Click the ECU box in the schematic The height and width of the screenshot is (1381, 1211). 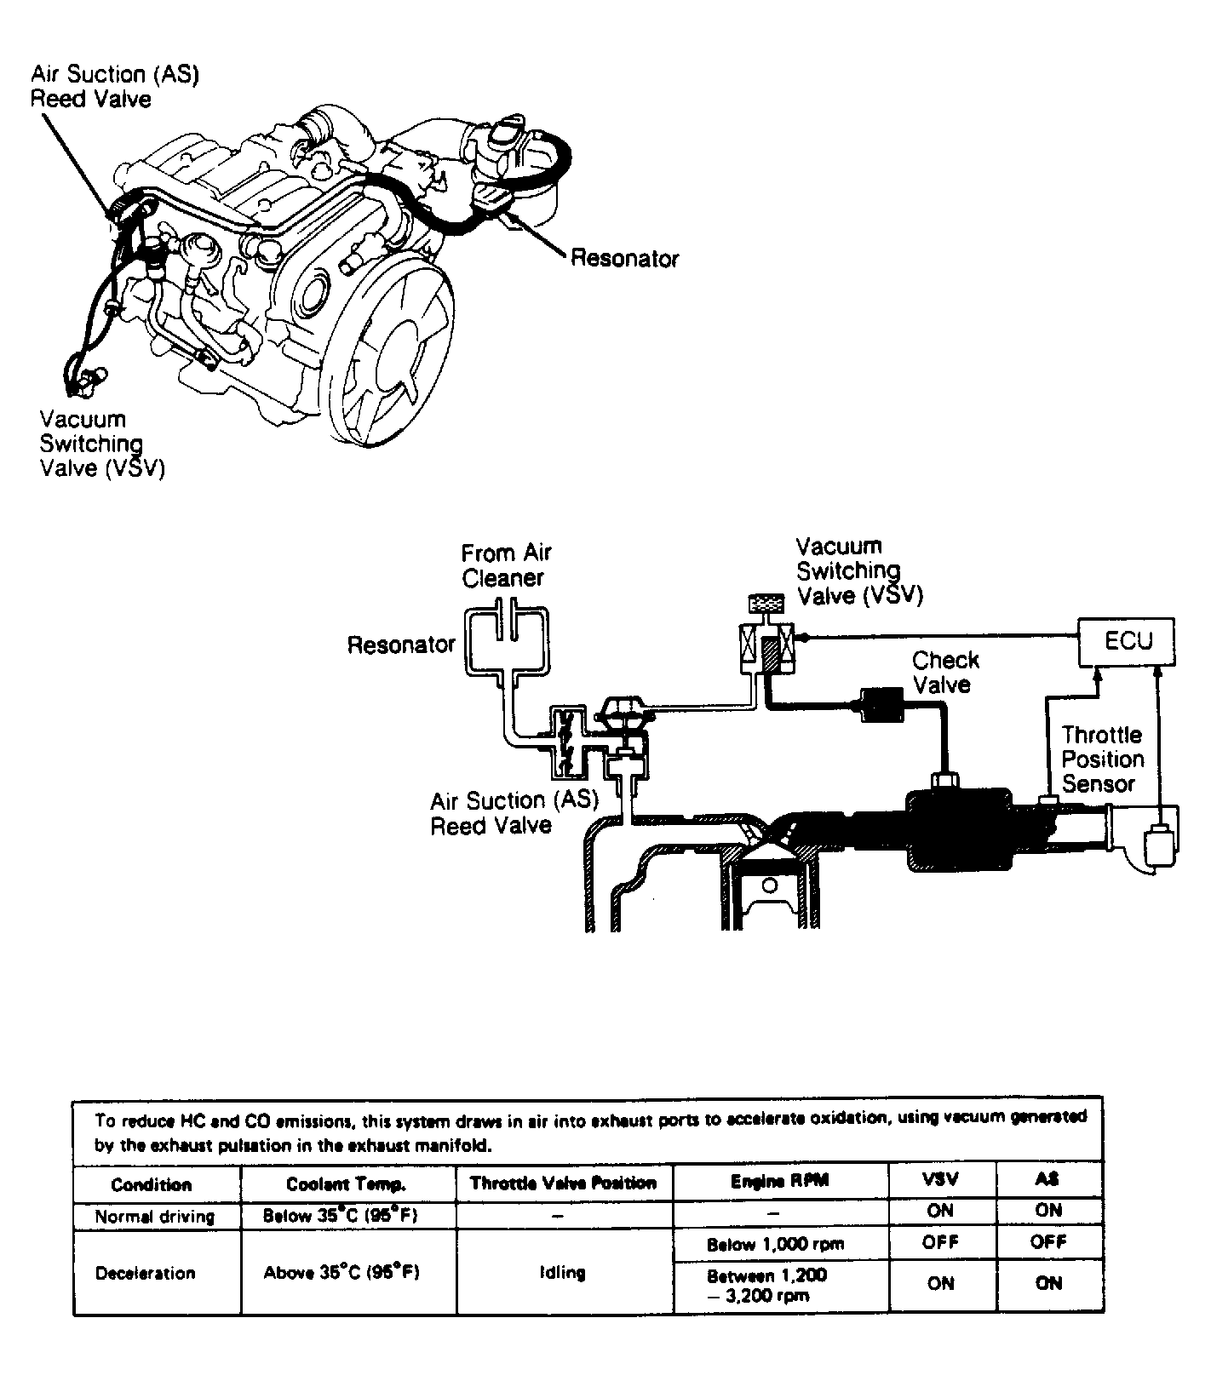tap(1127, 642)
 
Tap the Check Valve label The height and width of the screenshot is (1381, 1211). tap(944, 673)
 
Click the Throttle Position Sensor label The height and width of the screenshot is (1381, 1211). tap(1101, 759)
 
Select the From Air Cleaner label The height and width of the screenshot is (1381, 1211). tap(506, 565)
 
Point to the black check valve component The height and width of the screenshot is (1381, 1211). tap(882, 706)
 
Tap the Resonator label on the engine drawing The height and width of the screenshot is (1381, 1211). tap(624, 258)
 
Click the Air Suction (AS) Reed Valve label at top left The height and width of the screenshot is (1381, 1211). tap(114, 87)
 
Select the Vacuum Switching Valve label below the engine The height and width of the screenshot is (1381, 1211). tap(101, 444)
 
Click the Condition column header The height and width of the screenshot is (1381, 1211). tap(152, 1184)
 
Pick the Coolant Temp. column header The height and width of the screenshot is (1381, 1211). tap(346, 1183)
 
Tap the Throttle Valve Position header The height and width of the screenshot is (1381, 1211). tap(563, 1183)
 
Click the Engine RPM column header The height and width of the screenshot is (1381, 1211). tap(779, 1181)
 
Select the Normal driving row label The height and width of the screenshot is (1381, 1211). tap(154, 1216)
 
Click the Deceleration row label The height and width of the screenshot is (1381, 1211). tap(145, 1273)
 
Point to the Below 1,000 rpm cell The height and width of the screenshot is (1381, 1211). tap(775, 1244)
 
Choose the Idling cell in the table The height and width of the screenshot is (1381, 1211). tap(562, 1273)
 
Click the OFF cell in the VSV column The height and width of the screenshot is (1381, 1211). tap(940, 1242)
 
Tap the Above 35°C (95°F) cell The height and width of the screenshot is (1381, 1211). tap(341, 1273)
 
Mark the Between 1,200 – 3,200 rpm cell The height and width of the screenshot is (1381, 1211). tap(766, 1286)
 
